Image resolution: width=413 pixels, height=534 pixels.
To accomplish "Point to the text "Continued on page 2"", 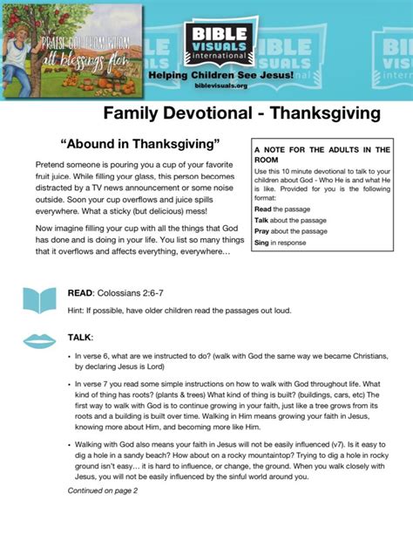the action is (103, 490).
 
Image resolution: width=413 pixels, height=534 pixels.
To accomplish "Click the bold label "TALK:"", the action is (80, 337).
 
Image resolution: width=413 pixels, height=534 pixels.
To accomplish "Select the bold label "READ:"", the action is (82, 293).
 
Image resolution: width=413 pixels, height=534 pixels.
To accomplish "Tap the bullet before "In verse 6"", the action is (70, 357).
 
